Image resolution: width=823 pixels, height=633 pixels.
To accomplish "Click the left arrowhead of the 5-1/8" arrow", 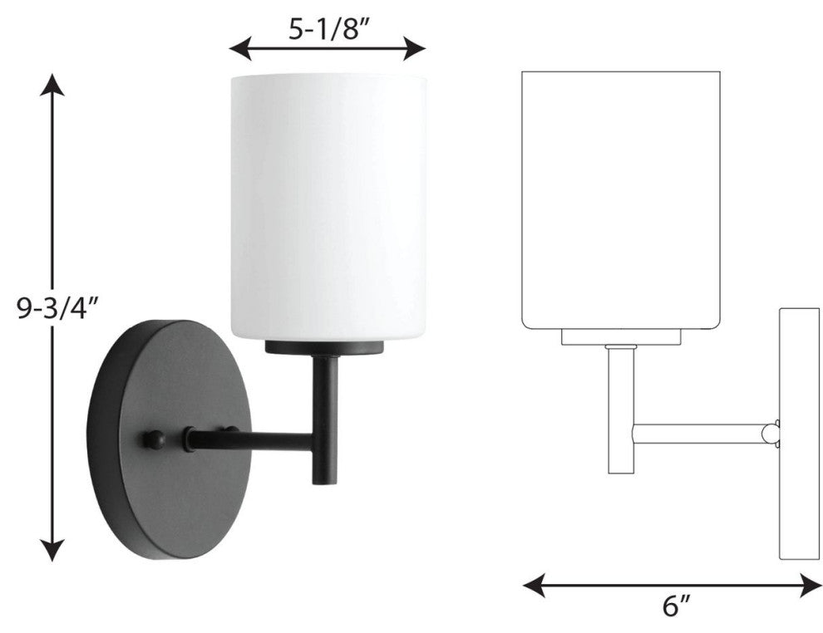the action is [241, 48].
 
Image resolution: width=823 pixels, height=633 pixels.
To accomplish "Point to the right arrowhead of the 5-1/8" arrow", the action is [414, 48].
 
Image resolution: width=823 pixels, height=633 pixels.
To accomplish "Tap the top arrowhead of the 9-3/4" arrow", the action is [52, 85].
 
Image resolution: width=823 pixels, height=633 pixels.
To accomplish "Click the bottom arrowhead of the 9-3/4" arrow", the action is [52, 550].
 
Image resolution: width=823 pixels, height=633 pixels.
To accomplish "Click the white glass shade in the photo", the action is [328, 207].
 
